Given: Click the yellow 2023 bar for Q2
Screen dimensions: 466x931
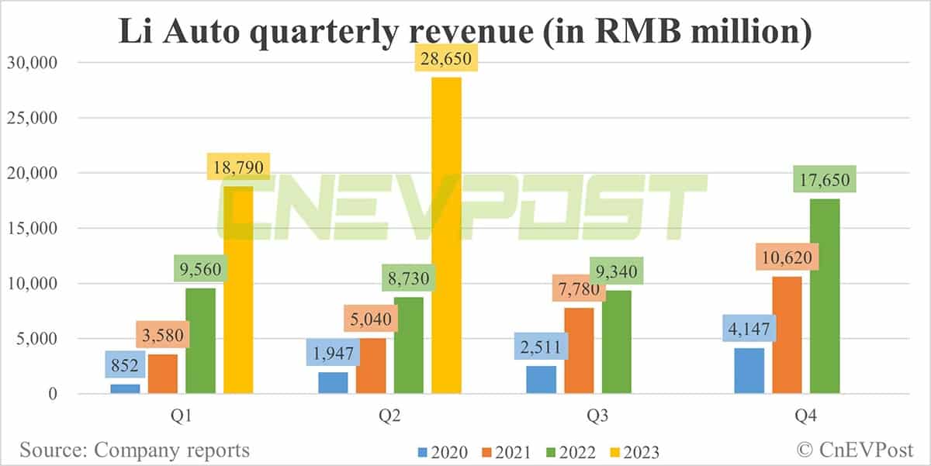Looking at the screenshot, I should tap(446, 236).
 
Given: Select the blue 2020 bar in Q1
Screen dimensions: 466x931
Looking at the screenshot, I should tap(125, 388).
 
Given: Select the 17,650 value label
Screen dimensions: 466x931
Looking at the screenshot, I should tap(825, 180).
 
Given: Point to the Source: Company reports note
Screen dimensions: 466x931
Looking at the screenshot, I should tap(135, 450).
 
